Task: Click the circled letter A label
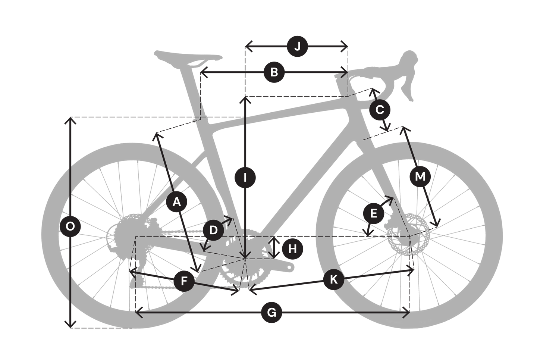pyautogui.click(x=177, y=202)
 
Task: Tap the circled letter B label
pyautogui.click(x=274, y=72)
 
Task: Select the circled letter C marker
pyautogui.click(x=380, y=110)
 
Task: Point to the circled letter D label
pyautogui.click(x=213, y=230)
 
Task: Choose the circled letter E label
pyautogui.click(x=374, y=213)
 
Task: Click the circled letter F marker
pyautogui.click(x=184, y=281)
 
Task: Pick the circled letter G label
pyautogui.click(x=271, y=313)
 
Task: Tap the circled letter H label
pyautogui.click(x=292, y=249)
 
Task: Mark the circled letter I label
pyautogui.click(x=245, y=178)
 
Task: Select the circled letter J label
pyautogui.click(x=297, y=46)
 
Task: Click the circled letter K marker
pyautogui.click(x=334, y=279)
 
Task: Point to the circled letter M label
pyautogui.click(x=420, y=177)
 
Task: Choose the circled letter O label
pyautogui.click(x=70, y=226)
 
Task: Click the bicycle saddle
pyautogui.click(x=188, y=57)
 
